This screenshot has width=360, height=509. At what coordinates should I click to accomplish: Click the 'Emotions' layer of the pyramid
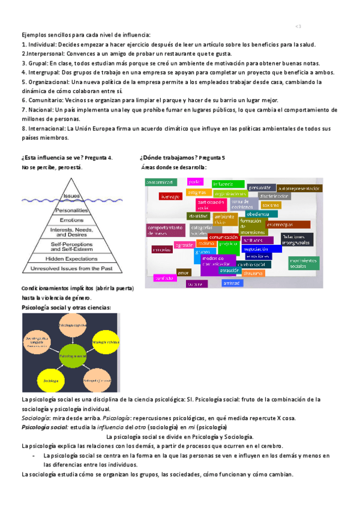point(71,220)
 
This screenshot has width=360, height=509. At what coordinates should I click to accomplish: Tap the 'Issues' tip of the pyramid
point(71,196)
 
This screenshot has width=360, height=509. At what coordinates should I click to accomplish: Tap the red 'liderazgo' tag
point(170,196)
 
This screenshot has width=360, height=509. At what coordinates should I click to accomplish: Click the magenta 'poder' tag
point(194,181)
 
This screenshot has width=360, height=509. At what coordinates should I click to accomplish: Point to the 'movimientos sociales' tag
point(302,263)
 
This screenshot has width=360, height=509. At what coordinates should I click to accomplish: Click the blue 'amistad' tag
point(231,283)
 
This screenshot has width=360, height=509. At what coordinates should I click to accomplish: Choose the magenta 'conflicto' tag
point(164,279)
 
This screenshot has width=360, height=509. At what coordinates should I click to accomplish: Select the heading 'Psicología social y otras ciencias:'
point(66,308)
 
